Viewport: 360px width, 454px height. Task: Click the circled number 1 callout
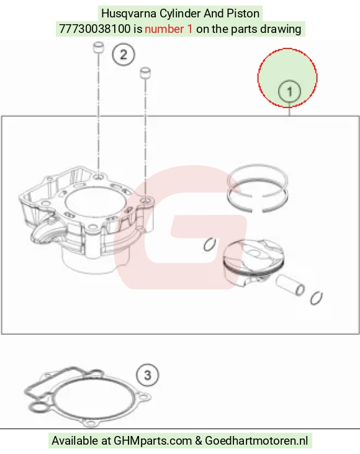pyautogui.click(x=289, y=91)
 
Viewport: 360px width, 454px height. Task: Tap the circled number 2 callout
pyautogui.click(x=124, y=55)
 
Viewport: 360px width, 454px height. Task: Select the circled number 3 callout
pyautogui.click(x=147, y=375)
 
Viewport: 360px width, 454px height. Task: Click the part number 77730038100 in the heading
pyautogui.click(x=95, y=29)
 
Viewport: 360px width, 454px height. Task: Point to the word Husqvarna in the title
pyautogui.click(x=129, y=14)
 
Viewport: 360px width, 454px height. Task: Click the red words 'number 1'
pyautogui.click(x=168, y=29)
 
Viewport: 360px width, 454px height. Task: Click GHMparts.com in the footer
pyautogui.click(x=153, y=441)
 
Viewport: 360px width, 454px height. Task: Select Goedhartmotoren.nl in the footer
pyautogui.click(x=256, y=441)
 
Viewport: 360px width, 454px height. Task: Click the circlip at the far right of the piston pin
pyautogui.click(x=316, y=298)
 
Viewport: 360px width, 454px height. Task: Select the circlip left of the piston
pyautogui.click(x=210, y=245)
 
